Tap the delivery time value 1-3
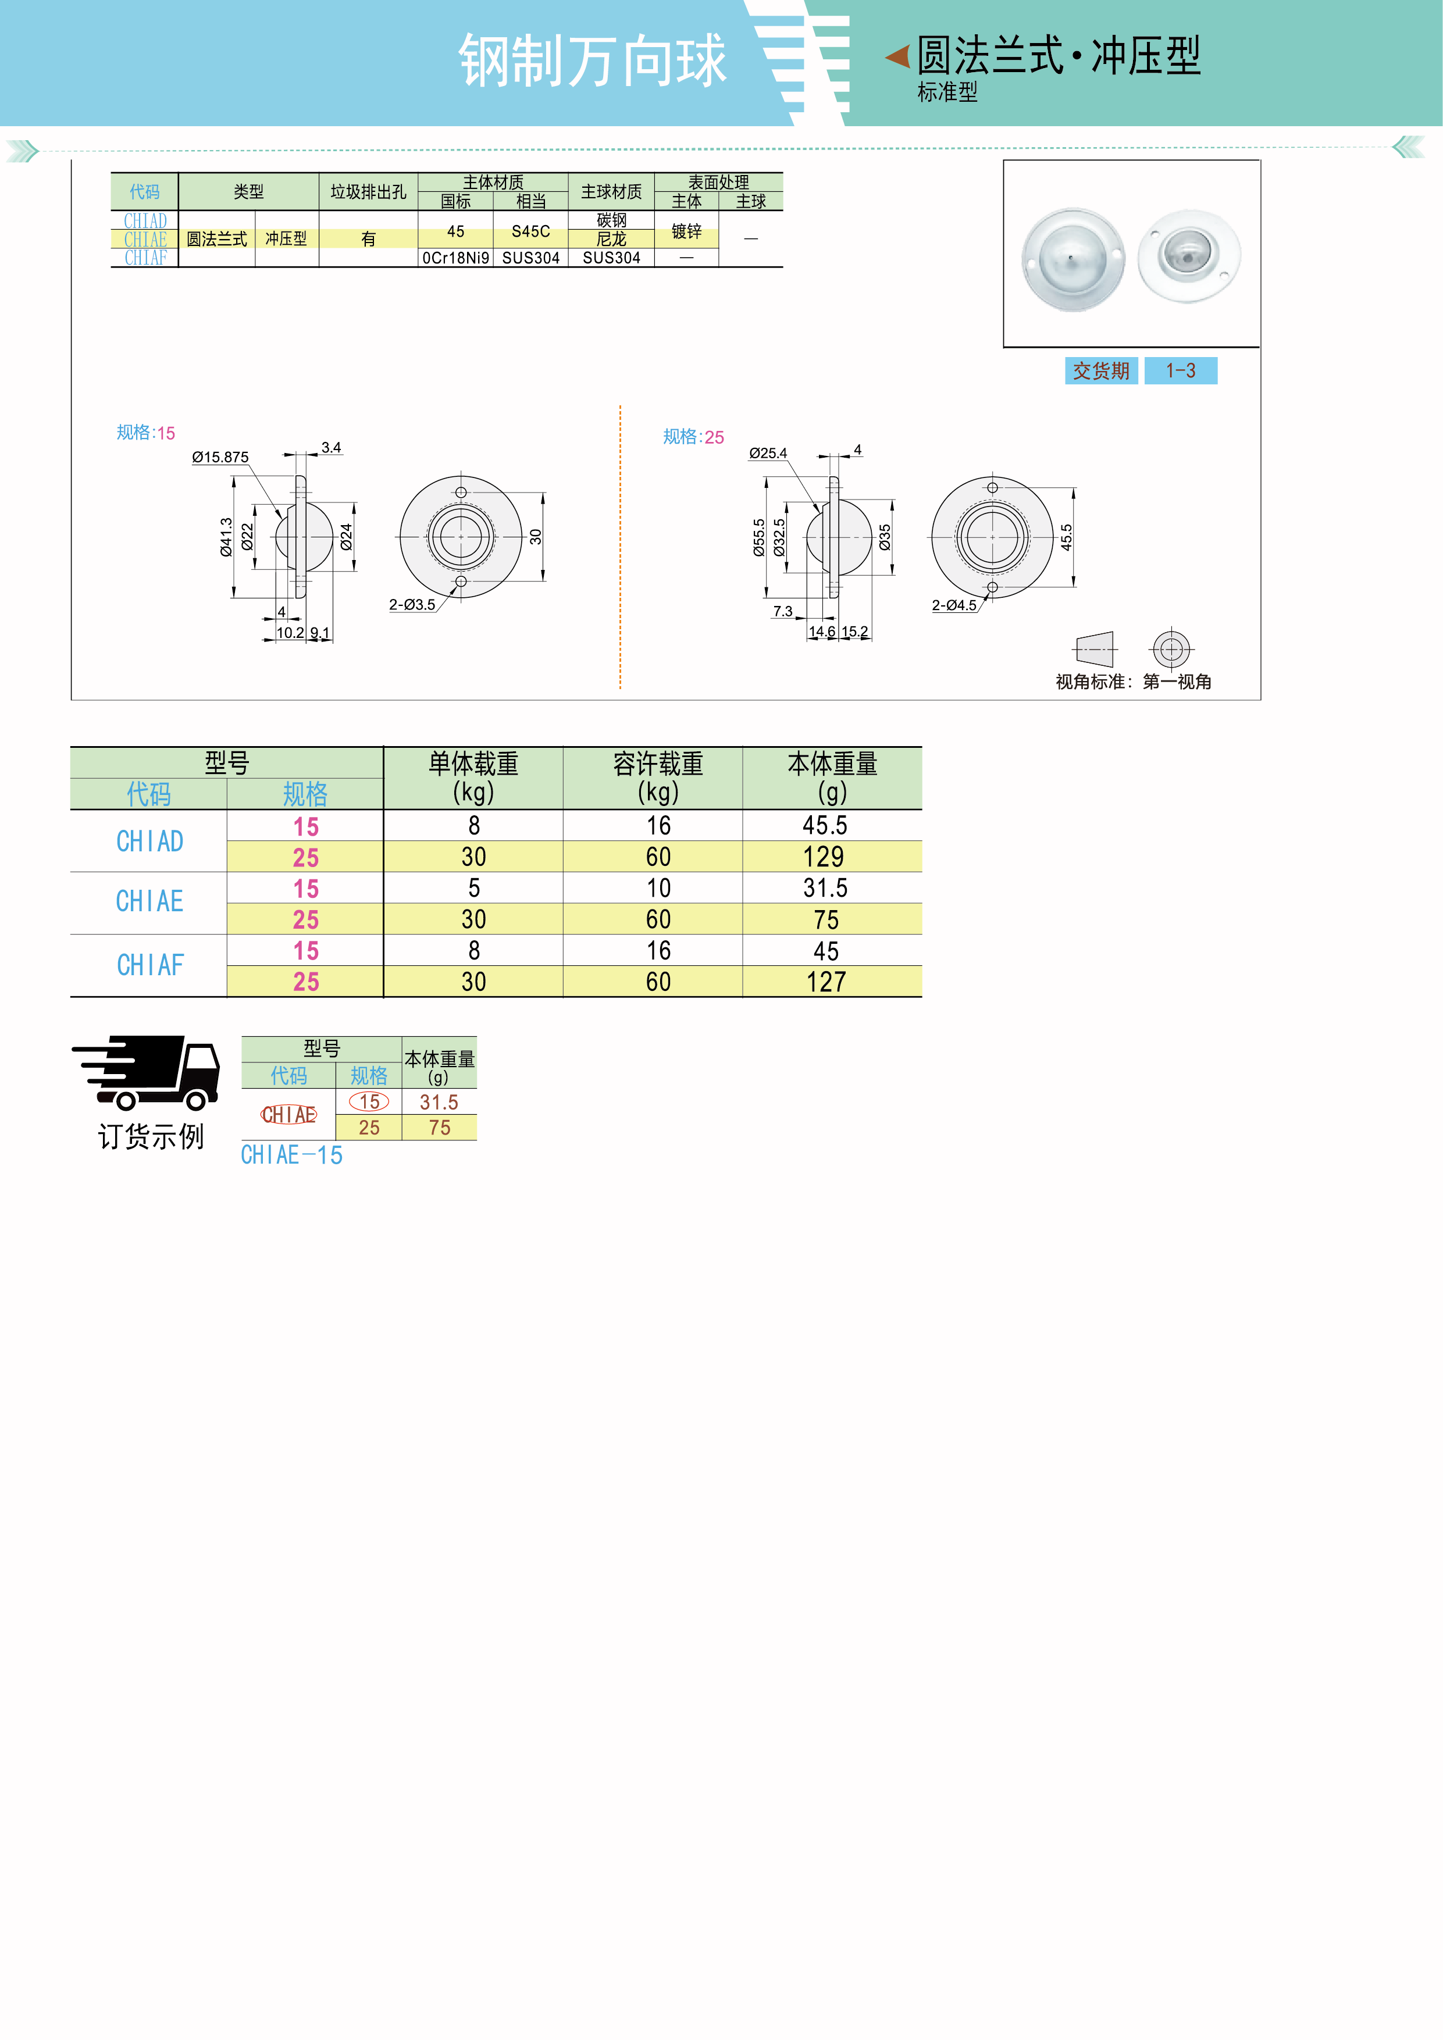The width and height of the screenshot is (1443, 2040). point(1180,370)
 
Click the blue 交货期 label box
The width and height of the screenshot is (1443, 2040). point(1101,370)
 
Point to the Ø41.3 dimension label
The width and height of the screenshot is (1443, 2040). point(227,537)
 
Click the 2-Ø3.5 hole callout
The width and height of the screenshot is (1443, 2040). point(412,605)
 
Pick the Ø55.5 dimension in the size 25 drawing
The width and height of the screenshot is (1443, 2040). point(759,537)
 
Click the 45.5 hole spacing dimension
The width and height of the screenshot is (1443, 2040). point(1066,537)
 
